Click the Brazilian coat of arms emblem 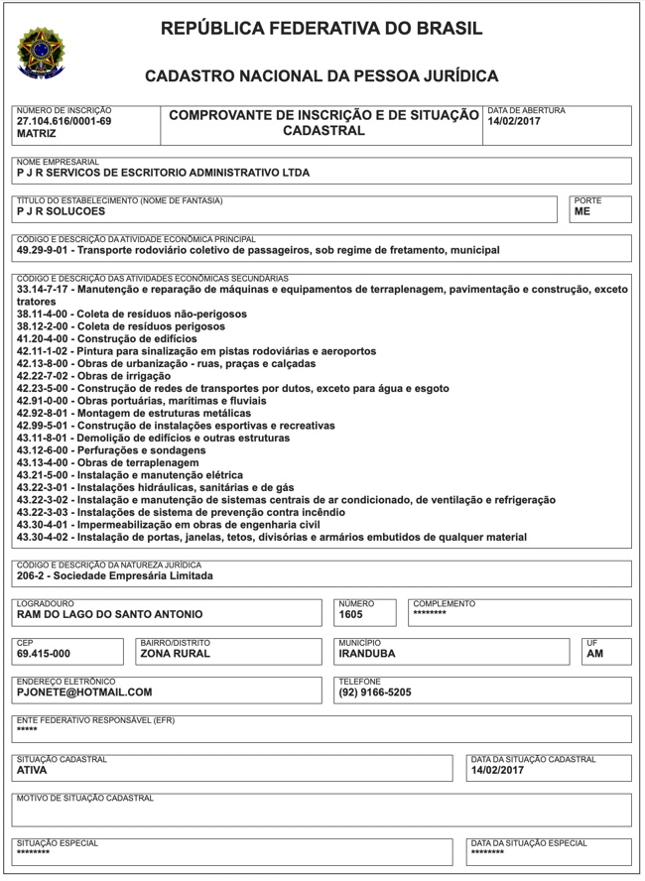tap(40, 52)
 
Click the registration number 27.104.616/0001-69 tap(64, 121)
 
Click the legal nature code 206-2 tap(35, 576)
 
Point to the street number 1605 tap(351, 615)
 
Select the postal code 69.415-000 tap(44, 654)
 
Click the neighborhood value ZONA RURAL tap(175, 654)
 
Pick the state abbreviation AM tap(595, 654)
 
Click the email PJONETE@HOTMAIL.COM tap(84, 692)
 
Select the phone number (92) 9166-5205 tap(375, 692)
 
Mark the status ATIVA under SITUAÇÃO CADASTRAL tap(33, 770)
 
